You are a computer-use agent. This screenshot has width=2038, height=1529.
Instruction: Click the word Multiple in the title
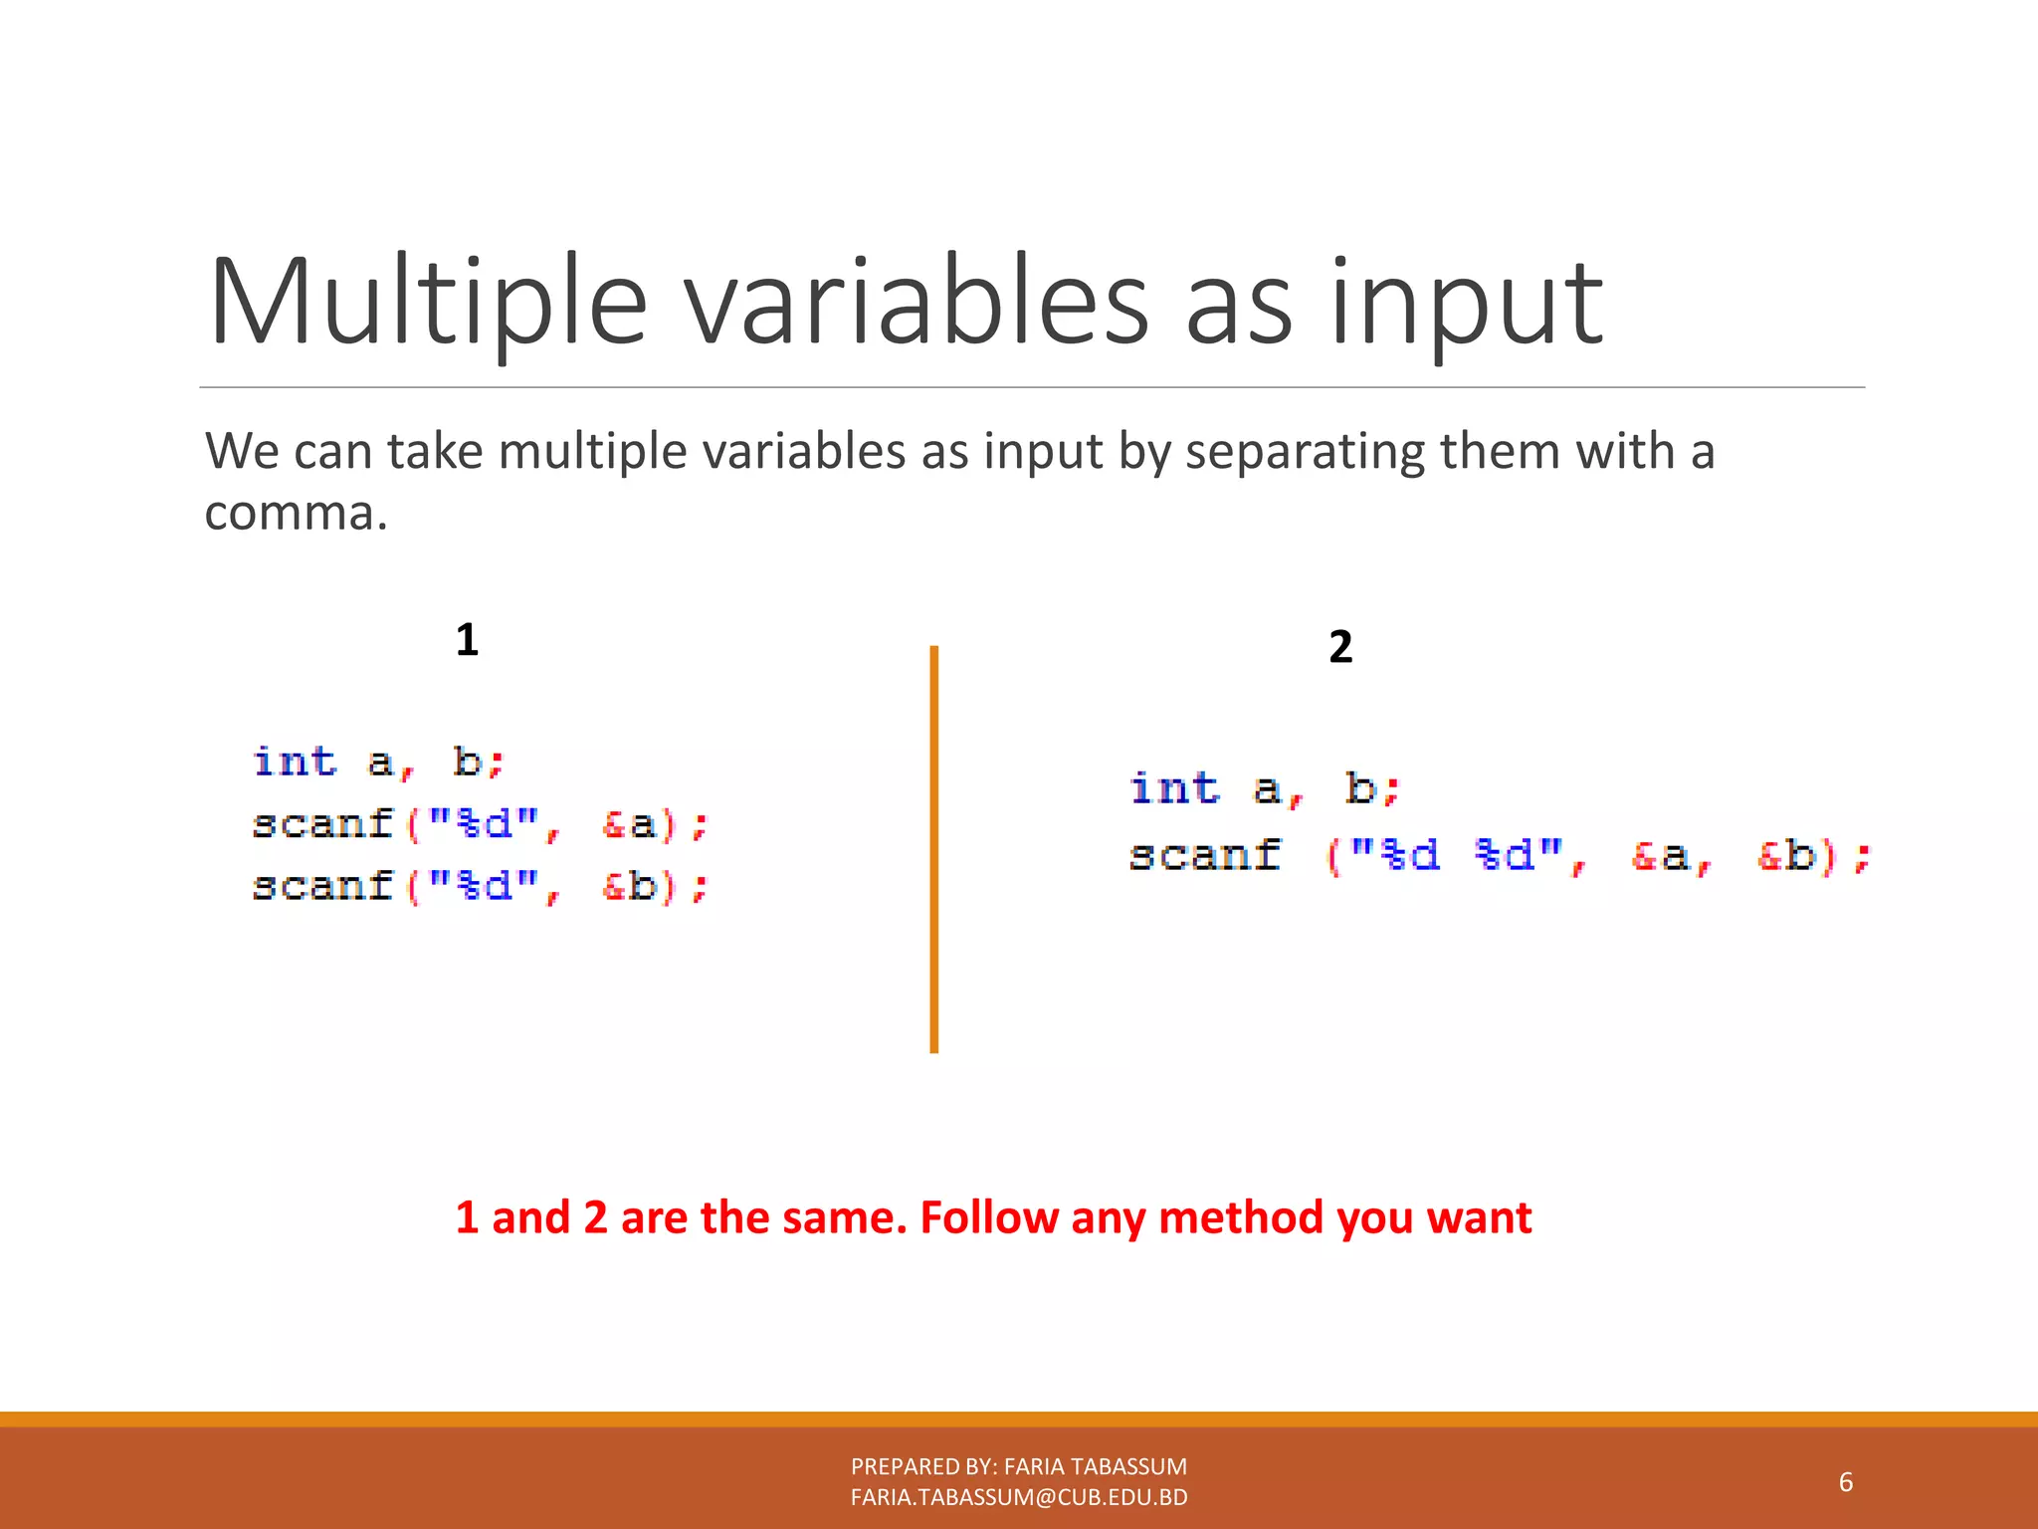pos(428,304)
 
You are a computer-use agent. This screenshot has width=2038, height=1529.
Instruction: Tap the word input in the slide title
pos(1465,309)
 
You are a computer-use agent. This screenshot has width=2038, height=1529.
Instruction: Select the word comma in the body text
pos(295,515)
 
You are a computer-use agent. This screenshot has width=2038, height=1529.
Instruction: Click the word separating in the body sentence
pos(1307,453)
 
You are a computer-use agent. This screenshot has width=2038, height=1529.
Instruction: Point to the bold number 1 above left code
pos(467,640)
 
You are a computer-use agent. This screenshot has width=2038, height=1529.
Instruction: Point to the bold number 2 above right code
pos(1340,647)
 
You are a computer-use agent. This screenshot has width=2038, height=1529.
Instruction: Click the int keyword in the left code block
pos(295,763)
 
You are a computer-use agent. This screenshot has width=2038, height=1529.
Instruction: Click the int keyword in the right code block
pos(1174,789)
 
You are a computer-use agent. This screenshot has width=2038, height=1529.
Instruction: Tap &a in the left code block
pos(630,825)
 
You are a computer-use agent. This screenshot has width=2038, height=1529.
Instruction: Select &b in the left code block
pos(630,887)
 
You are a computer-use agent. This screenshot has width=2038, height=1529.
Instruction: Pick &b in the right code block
pos(1787,856)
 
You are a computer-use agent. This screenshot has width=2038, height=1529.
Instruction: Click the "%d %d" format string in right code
pos(1458,856)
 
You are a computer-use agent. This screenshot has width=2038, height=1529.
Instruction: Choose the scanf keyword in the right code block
pos(1205,856)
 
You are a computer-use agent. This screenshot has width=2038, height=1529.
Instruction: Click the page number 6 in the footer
pos(1845,1482)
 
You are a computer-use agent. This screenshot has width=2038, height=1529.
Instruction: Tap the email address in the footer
pos(1019,1497)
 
